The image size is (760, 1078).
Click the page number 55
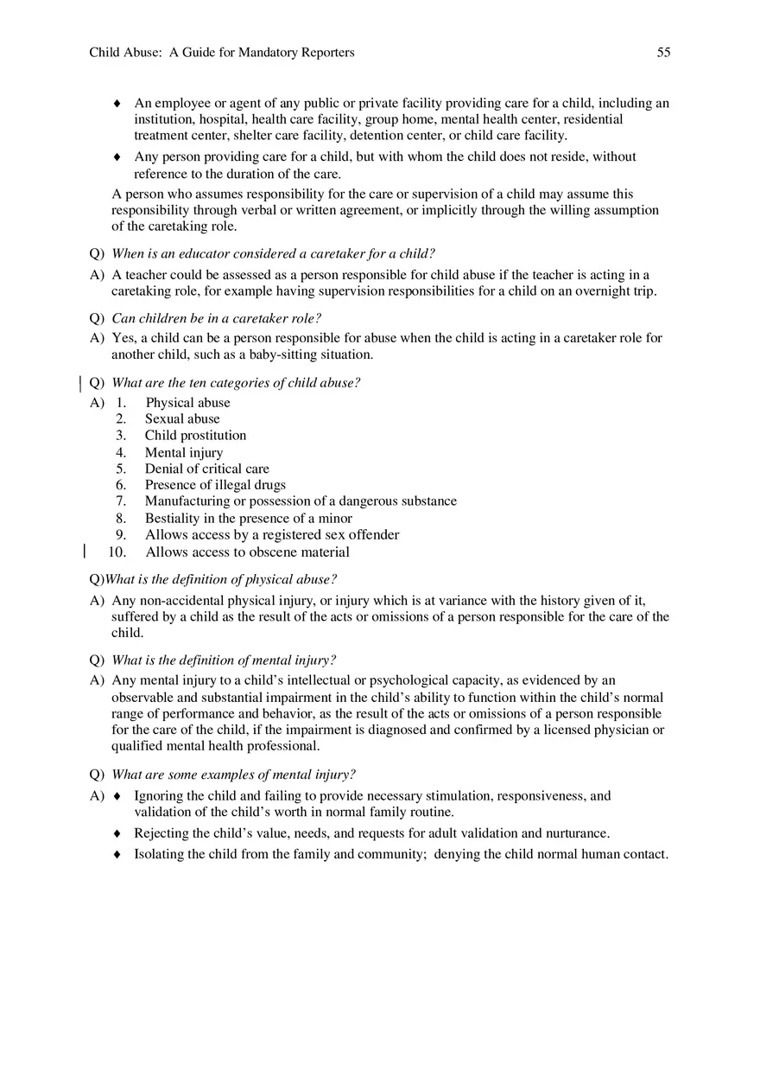pos(663,53)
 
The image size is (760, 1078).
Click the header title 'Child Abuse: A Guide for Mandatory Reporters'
pos(222,53)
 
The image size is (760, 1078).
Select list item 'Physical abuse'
pos(187,403)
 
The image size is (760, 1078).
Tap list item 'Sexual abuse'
pos(182,419)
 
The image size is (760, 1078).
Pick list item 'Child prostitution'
pos(195,436)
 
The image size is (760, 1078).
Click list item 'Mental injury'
pos(184,452)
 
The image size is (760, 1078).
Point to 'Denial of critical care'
pos(206,469)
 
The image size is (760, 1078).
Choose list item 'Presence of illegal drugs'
pos(215,485)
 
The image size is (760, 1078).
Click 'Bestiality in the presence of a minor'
pos(248,519)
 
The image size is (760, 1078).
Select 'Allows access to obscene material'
pos(247,552)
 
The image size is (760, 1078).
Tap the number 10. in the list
pos(117,552)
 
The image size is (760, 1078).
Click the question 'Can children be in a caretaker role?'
pos(216,318)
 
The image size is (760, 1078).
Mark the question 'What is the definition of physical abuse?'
pos(220,579)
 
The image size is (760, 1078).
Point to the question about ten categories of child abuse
pos(236,383)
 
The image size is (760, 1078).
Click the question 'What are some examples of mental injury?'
pos(233,775)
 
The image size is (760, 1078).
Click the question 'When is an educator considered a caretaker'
pos(273,254)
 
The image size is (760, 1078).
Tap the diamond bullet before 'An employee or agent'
pos(117,104)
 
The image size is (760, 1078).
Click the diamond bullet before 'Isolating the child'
pos(117,855)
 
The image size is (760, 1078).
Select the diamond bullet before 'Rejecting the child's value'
pos(117,834)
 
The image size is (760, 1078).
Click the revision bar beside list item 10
pos(84,552)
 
